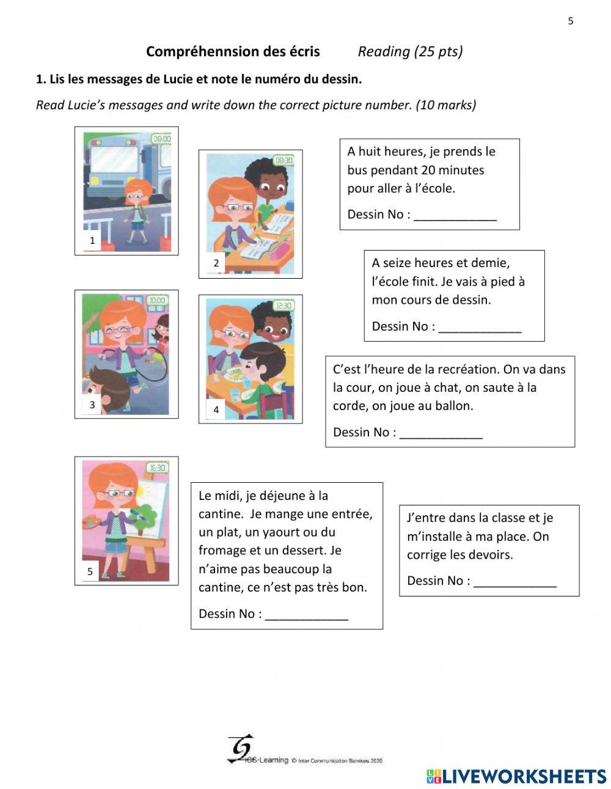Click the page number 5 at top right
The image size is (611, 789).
pyautogui.click(x=571, y=21)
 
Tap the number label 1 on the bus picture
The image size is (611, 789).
pyautogui.click(x=92, y=240)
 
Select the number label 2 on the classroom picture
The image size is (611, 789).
pyautogui.click(x=216, y=263)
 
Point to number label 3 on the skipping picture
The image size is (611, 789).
pyautogui.click(x=92, y=405)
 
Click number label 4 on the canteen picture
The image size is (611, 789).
pyautogui.click(x=216, y=409)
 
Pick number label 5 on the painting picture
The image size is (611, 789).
pyautogui.click(x=90, y=571)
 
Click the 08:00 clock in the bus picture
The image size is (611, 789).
pyautogui.click(x=161, y=139)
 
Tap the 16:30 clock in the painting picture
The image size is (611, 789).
pyautogui.click(x=157, y=468)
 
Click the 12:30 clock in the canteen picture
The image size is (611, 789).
pyautogui.click(x=284, y=306)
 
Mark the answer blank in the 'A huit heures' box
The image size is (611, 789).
pyautogui.click(x=455, y=215)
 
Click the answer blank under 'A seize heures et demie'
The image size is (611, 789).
pyautogui.click(x=480, y=327)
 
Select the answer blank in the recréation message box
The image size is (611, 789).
pyautogui.click(x=441, y=433)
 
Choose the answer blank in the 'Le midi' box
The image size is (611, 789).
pyautogui.click(x=306, y=614)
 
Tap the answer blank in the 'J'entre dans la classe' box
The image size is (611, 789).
pyautogui.click(x=514, y=582)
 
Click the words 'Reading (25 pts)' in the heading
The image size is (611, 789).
pyautogui.click(x=410, y=51)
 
